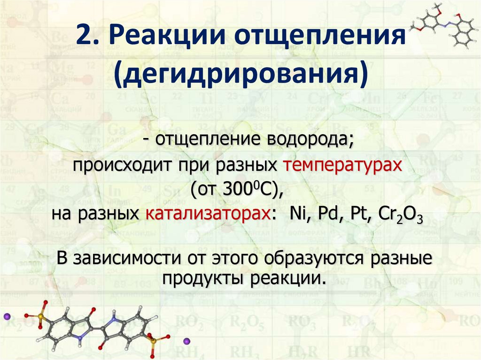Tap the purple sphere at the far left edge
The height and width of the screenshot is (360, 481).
[6, 316]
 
